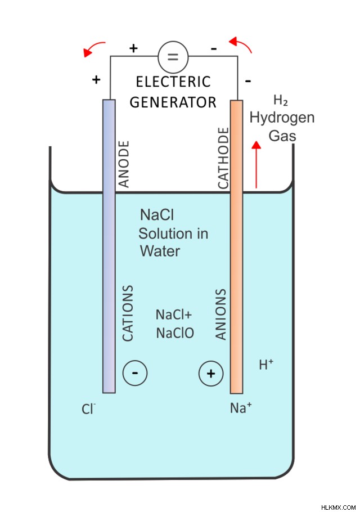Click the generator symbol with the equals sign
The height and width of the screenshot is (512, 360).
(x=173, y=57)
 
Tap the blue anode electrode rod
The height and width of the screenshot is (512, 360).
(x=109, y=246)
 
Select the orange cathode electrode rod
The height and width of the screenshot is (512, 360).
(x=237, y=247)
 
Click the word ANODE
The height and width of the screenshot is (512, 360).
(x=124, y=164)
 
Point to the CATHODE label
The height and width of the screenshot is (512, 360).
(x=223, y=158)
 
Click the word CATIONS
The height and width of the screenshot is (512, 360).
(x=128, y=313)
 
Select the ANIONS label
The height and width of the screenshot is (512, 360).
(x=220, y=314)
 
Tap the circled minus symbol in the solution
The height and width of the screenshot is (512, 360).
(x=135, y=373)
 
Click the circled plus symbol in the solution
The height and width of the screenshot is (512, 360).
(x=211, y=373)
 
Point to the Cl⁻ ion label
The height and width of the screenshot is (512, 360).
(x=88, y=409)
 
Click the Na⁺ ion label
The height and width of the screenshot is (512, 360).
(x=241, y=408)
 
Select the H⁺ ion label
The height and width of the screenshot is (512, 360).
(x=266, y=365)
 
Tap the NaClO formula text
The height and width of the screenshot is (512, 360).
(x=175, y=333)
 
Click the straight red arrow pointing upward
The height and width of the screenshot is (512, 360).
(x=256, y=164)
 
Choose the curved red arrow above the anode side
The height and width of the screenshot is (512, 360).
(x=94, y=49)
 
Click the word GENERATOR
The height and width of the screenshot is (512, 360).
(x=173, y=102)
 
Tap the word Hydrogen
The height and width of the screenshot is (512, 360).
(x=282, y=118)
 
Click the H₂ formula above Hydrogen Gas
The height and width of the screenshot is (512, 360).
(x=280, y=100)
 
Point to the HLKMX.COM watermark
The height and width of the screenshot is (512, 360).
(x=339, y=507)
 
